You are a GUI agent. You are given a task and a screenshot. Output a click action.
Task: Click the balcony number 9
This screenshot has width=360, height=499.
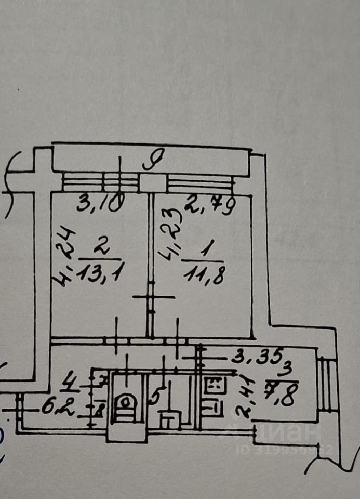[154, 157]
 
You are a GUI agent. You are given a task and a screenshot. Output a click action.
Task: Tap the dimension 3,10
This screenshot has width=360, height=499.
[100, 202]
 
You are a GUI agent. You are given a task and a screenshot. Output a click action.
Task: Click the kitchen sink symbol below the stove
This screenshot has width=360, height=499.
[211, 405]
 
